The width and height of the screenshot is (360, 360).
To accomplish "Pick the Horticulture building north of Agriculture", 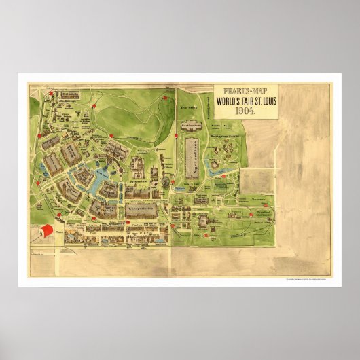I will (192, 126).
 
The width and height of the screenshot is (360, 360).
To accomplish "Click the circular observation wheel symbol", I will (167, 182).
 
